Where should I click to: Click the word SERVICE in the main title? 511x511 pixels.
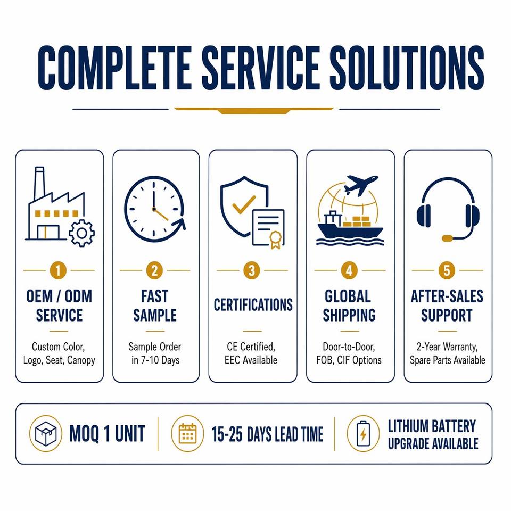tap(260, 67)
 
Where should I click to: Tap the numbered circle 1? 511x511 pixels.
tap(59, 270)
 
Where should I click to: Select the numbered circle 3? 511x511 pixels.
tap(252, 270)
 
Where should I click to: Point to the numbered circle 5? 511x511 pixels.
tap(447, 270)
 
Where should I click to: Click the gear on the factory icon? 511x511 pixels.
tap(81, 233)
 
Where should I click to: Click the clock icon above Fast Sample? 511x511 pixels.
tap(154, 209)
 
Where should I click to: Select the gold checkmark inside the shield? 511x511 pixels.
tap(243, 204)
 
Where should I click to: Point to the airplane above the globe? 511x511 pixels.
tap(361, 185)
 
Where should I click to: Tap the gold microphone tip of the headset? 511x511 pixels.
tap(447, 238)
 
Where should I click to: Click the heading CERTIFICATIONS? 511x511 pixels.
tap(253, 305)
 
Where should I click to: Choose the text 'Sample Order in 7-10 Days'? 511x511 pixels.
tap(155, 353)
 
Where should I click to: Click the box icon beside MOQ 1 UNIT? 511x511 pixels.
tap(46, 433)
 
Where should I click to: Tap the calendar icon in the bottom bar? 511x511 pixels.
tap(187, 433)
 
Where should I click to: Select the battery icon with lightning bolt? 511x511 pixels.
tap(363, 433)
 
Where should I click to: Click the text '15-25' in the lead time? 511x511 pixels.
tap(227, 434)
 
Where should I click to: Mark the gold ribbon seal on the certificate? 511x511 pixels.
tap(275, 240)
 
